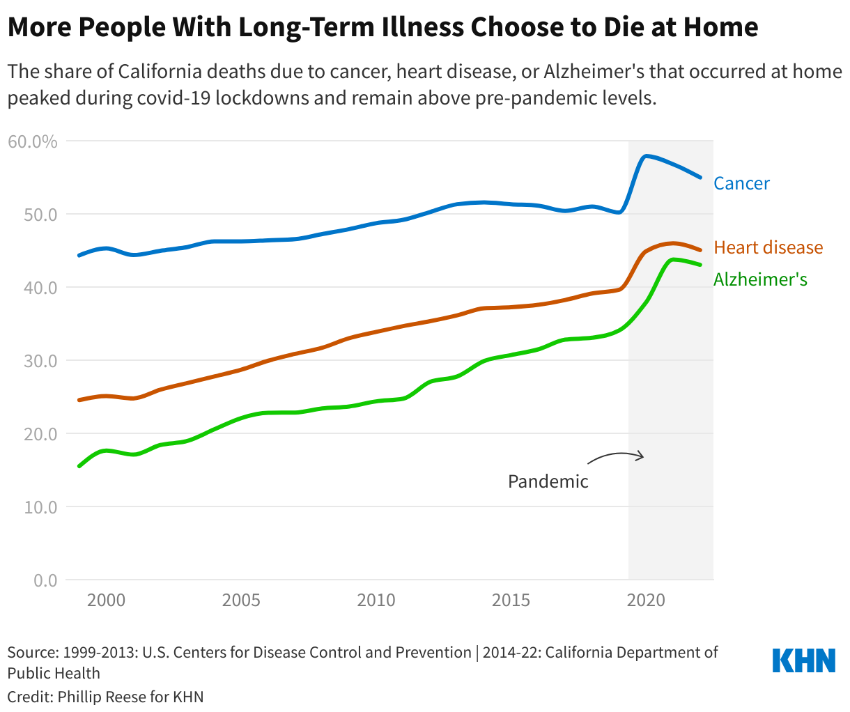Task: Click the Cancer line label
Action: click(741, 183)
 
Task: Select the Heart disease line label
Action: click(768, 247)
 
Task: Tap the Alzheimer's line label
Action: click(760, 279)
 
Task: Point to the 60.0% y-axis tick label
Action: click(32, 141)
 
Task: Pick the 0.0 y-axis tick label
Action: click(45, 580)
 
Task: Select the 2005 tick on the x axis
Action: click(241, 600)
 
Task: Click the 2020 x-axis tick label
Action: click(646, 600)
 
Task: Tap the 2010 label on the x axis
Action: click(376, 600)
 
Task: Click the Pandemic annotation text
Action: click(548, 481)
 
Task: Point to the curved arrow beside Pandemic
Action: click(616, 457)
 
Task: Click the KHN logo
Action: click(803, 660)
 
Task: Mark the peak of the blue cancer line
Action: click(647, 155)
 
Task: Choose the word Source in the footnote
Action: click(31, 653)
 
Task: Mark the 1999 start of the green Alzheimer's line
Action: click(79, 466)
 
